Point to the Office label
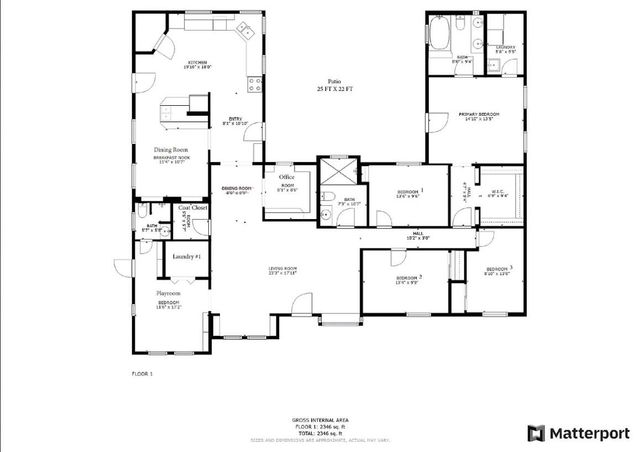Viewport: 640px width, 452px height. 287,176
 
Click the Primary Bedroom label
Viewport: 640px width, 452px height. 479,115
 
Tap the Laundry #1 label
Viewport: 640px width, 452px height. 187,257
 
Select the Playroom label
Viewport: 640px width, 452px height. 167,293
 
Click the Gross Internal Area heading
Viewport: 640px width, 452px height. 319,419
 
